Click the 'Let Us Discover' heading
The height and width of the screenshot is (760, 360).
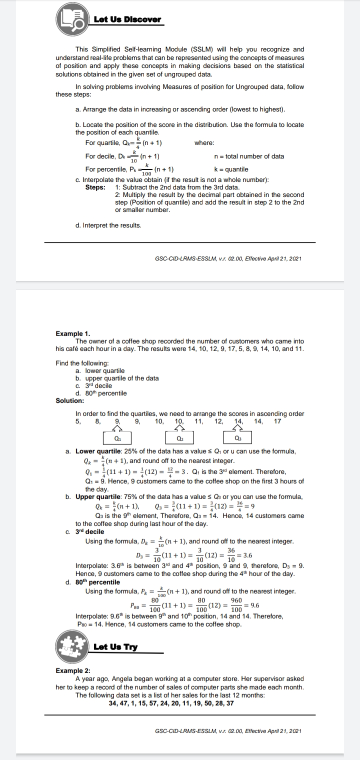tap(127, 19)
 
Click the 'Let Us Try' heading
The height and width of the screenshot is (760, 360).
tap(115, 647)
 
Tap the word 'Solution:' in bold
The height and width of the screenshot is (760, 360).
tap(70, 400)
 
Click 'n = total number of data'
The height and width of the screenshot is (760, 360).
tap(248, 156)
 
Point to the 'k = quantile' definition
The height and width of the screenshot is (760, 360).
tap(230, 169)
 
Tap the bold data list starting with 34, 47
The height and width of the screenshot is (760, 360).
tap(171, 702)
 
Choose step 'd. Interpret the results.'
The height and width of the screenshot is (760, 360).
tap(108, 225)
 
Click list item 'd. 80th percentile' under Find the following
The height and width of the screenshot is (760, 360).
tap(101, 393)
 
